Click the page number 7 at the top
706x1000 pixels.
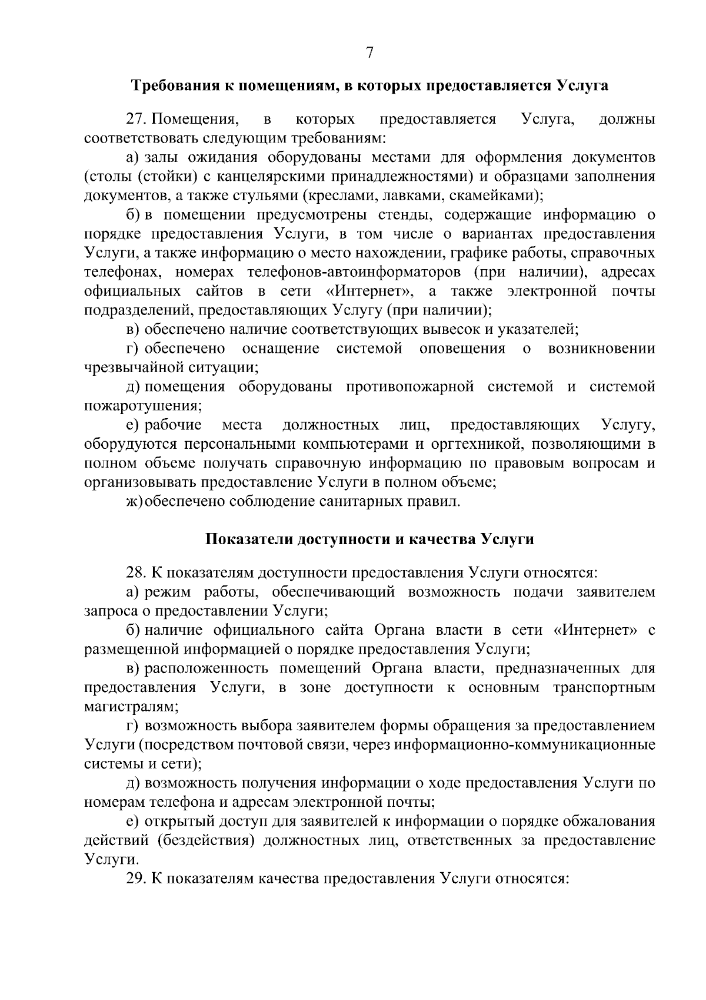[x=369, y=53]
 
